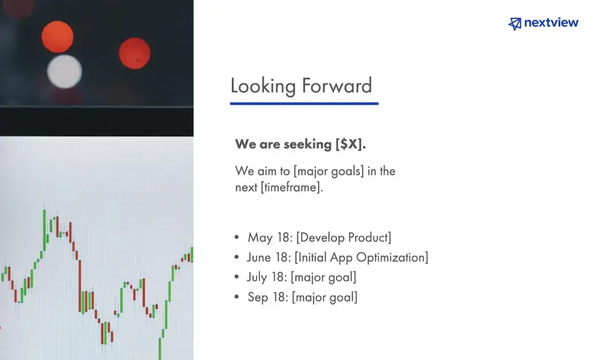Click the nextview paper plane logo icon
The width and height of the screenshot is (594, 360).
[515, 23]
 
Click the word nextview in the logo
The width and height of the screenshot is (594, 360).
[551, 23]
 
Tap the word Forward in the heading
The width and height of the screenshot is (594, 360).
[337, 85]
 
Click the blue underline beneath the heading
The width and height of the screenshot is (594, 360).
[304, 103]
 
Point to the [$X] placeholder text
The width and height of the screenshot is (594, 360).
[351, 144]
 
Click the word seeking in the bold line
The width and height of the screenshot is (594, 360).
[308, 145]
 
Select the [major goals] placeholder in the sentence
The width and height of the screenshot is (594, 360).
[329, 171]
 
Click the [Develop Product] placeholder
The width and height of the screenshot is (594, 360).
[344, 238]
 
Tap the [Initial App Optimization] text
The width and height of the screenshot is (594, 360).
[361, 257]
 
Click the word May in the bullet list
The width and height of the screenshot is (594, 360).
[261, 238]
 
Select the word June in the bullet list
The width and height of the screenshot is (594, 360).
[259, 257]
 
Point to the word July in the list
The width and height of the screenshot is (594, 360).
[257, 277]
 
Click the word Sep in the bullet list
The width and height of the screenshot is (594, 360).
[258, 297]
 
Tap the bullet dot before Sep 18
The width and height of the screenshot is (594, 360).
[237, 297]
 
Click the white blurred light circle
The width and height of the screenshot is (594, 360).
[64, 72]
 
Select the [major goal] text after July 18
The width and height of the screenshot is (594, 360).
[324, 277]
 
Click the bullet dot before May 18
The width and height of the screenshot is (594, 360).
[237, 238]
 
